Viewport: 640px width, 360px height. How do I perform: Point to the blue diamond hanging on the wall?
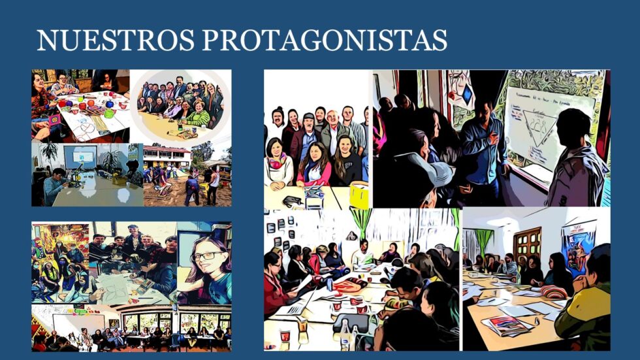[466, 94]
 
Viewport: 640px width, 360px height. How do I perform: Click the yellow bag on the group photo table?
[359, 195]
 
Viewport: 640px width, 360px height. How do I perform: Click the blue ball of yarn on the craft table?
[110, 105]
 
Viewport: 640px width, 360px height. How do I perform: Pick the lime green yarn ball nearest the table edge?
[108, 114]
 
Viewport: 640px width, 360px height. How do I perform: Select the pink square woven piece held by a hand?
[54, 121]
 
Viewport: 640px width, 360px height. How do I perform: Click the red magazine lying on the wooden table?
[505, 325]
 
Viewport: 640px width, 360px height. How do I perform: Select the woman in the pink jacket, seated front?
[313, 165]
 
